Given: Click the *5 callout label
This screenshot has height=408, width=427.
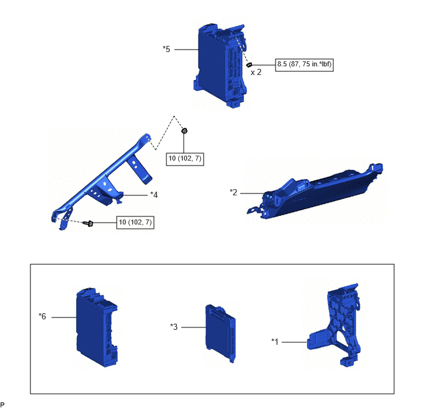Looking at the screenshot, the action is click(x=166, y=49).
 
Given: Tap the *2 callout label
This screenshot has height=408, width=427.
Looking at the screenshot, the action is click(x=233, y=192).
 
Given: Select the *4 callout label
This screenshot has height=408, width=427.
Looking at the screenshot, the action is click(x=154, y=195).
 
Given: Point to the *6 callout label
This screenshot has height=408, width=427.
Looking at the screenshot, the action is click(x=42, y=316).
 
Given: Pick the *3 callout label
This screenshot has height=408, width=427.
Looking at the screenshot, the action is click(x=174, y=327).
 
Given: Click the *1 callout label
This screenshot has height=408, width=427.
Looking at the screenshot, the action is click(x=275, y=342).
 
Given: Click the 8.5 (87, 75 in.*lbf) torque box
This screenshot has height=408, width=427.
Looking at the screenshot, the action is click(x=304, y=64).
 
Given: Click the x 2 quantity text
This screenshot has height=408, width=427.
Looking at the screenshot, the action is click(x=256, y=73).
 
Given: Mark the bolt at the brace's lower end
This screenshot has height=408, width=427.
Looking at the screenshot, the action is click(x=89, y=223).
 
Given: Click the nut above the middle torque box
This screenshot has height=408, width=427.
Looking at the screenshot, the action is click(x=184, y=131).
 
